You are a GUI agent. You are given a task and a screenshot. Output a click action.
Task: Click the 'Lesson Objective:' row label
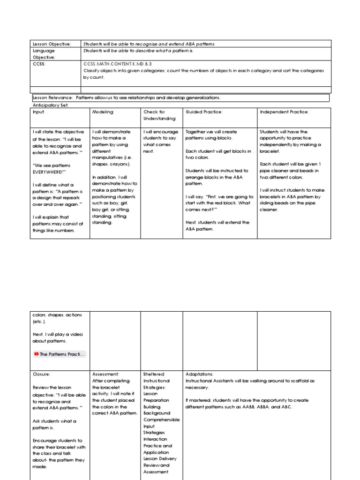tap(52, 44)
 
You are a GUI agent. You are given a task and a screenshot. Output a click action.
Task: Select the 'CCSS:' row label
tap(39, 64)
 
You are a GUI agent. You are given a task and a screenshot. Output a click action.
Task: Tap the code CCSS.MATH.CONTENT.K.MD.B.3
tap(118, 64)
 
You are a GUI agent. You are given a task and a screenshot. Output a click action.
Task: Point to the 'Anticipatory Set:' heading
tap(51, 105)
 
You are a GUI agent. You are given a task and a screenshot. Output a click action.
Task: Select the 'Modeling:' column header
tap(103, 112)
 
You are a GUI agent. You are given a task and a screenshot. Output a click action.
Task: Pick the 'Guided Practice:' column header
tap(204, 112)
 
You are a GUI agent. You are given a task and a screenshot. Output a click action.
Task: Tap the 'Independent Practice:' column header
tap(285, 112)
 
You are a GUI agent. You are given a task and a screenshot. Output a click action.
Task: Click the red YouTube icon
tap(37, 354)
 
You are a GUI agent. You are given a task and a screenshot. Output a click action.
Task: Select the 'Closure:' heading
tap(41, 375)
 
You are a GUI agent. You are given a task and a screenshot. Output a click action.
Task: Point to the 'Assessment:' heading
tap(106, 375)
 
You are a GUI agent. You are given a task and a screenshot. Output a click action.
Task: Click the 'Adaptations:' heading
tap(200, 375)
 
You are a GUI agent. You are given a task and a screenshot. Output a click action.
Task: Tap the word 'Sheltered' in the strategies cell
tap(154, 375)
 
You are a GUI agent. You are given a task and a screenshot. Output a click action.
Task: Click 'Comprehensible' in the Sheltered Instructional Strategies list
tap(161, 420)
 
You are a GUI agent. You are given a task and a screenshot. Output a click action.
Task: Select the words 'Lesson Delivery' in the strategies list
tap(160, 459)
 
